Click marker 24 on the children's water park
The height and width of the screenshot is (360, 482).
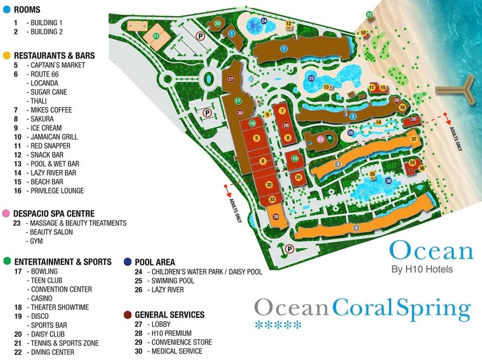coord(264,21)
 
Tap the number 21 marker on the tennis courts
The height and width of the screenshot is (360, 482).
coord(156,36)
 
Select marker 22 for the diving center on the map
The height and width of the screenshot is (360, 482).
coord(370,15)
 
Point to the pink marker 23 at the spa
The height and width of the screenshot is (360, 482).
coord(321,139)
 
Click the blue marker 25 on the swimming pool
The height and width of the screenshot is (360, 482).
coord(311,79)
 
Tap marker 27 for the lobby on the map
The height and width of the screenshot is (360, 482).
coord(231,79)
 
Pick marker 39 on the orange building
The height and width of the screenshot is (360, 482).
coord(276,217)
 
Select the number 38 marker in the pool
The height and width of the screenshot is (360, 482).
coord(389,181)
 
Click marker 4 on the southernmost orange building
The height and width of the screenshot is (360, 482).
coord(356,228)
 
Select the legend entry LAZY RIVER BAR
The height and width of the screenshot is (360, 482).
coord(53,173)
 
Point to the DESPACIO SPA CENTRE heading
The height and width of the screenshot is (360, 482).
coord(54,213)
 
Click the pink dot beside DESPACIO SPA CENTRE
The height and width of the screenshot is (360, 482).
coord(6,213)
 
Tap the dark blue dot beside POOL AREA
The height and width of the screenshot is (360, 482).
coord(127,262)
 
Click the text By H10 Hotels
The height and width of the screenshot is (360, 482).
coord(422,269)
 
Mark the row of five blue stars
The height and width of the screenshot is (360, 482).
coord(278,325)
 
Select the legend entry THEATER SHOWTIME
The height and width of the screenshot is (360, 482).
coord(60,307)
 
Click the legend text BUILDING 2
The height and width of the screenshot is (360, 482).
coord(46,32)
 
